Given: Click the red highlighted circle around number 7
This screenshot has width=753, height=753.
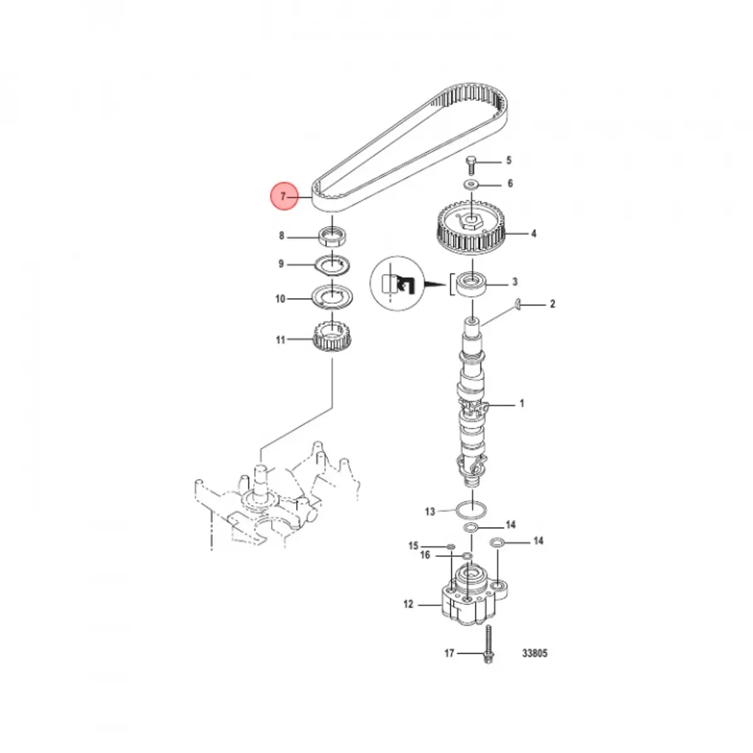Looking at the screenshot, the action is pos(284,196).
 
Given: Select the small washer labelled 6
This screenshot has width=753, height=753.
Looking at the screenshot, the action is pos(471,183).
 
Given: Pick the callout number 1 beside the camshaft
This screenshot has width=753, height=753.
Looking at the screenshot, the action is pos(521,403).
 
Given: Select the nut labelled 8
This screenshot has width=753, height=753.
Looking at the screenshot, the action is pos(333,237).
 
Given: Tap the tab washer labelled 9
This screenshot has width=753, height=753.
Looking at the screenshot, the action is pos(333,265).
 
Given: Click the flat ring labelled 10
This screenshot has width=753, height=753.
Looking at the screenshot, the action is pos(333,298).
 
